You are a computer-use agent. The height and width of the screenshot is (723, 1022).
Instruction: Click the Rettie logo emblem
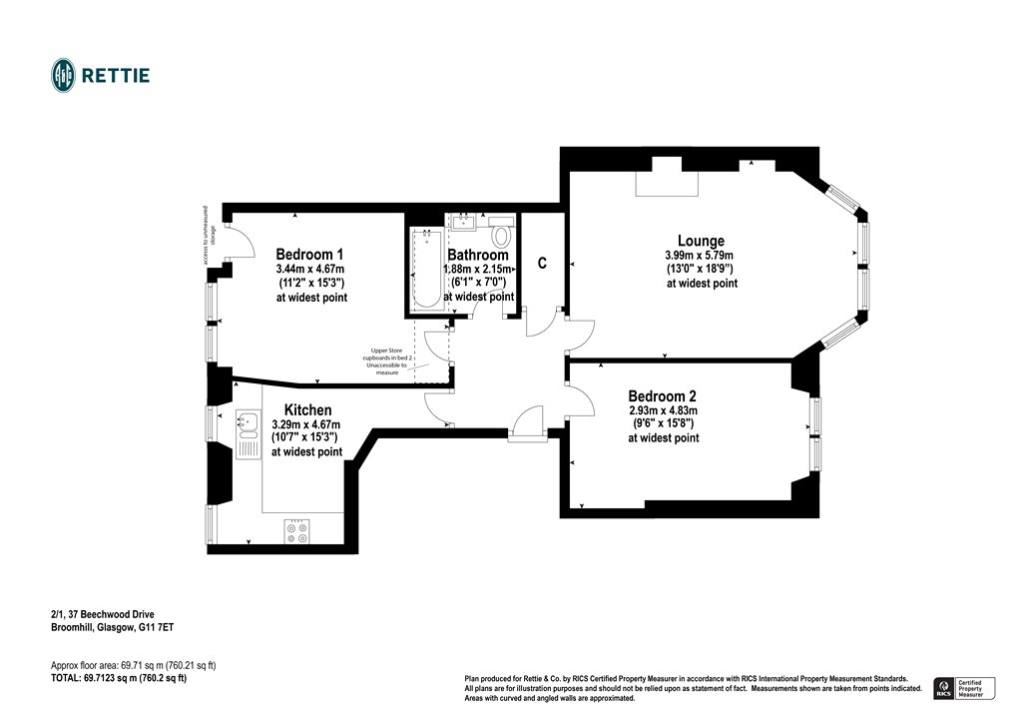[x=64, y=75]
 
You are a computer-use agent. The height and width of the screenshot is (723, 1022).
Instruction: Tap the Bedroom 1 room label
[x=310, y=254]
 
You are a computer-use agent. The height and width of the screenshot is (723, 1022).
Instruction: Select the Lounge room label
[x=701, y=241]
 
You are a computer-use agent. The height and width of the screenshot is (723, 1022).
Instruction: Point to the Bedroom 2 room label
[x=663, y=396]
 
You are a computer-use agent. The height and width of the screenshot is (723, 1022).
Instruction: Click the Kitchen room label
[x=307, y=410]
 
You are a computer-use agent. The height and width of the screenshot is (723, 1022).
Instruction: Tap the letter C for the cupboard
[x=542, y=264]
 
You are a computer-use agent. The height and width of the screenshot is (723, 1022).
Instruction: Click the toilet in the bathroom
[x=502, y=236]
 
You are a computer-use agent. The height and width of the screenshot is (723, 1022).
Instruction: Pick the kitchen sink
[x=246, y=423]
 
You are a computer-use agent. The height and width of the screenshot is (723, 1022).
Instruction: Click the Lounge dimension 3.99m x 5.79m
[x=702, y=256]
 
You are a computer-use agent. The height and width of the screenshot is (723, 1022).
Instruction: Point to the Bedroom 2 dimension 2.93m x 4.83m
[x=663, y=410]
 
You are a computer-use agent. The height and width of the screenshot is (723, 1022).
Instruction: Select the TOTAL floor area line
[x=118, y=678]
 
